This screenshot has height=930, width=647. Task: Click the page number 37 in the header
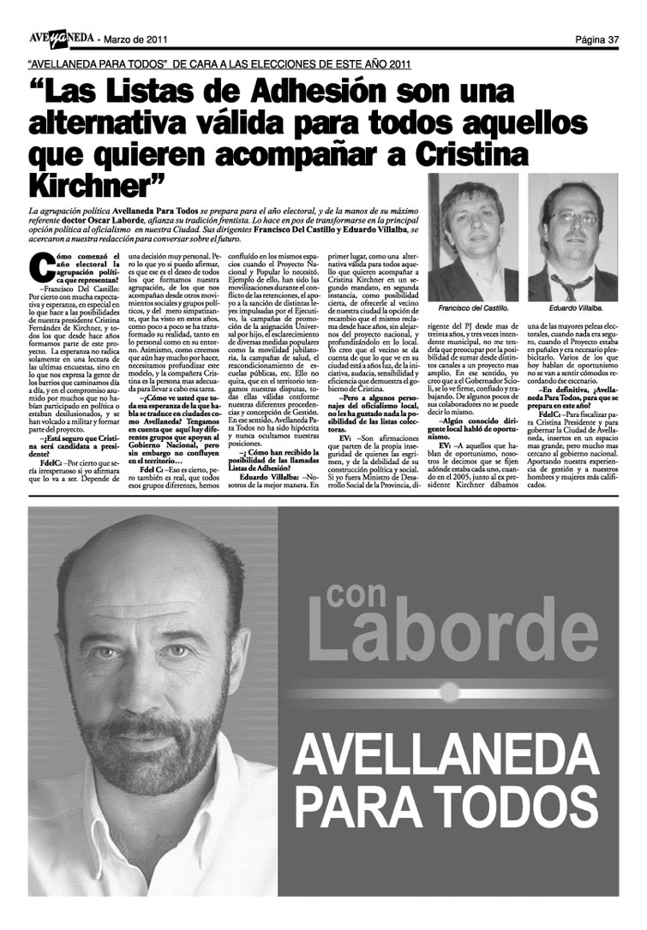pos(613,39)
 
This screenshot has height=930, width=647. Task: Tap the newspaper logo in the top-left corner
pos(58,38)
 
